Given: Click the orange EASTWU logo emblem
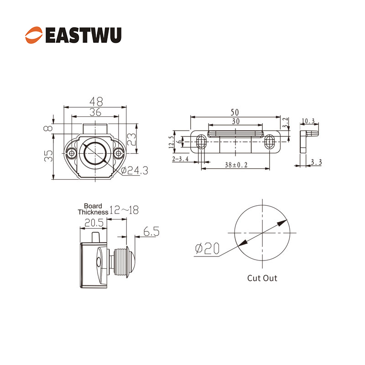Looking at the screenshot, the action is [x=34, y=35].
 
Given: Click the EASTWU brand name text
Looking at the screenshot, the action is [x=83, y=35].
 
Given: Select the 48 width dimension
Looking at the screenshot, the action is [x=96, y=101].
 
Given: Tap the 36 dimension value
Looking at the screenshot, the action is [x=95, y=112].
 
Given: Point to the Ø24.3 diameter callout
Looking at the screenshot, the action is [x=135, y=171].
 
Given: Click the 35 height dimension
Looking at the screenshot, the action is [x=48, y=156].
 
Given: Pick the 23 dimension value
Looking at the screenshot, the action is [x=131, y=139].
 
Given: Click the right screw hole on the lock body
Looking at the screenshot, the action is [x=119, y=153].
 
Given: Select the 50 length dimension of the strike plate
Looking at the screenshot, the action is [x=235, y=112].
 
